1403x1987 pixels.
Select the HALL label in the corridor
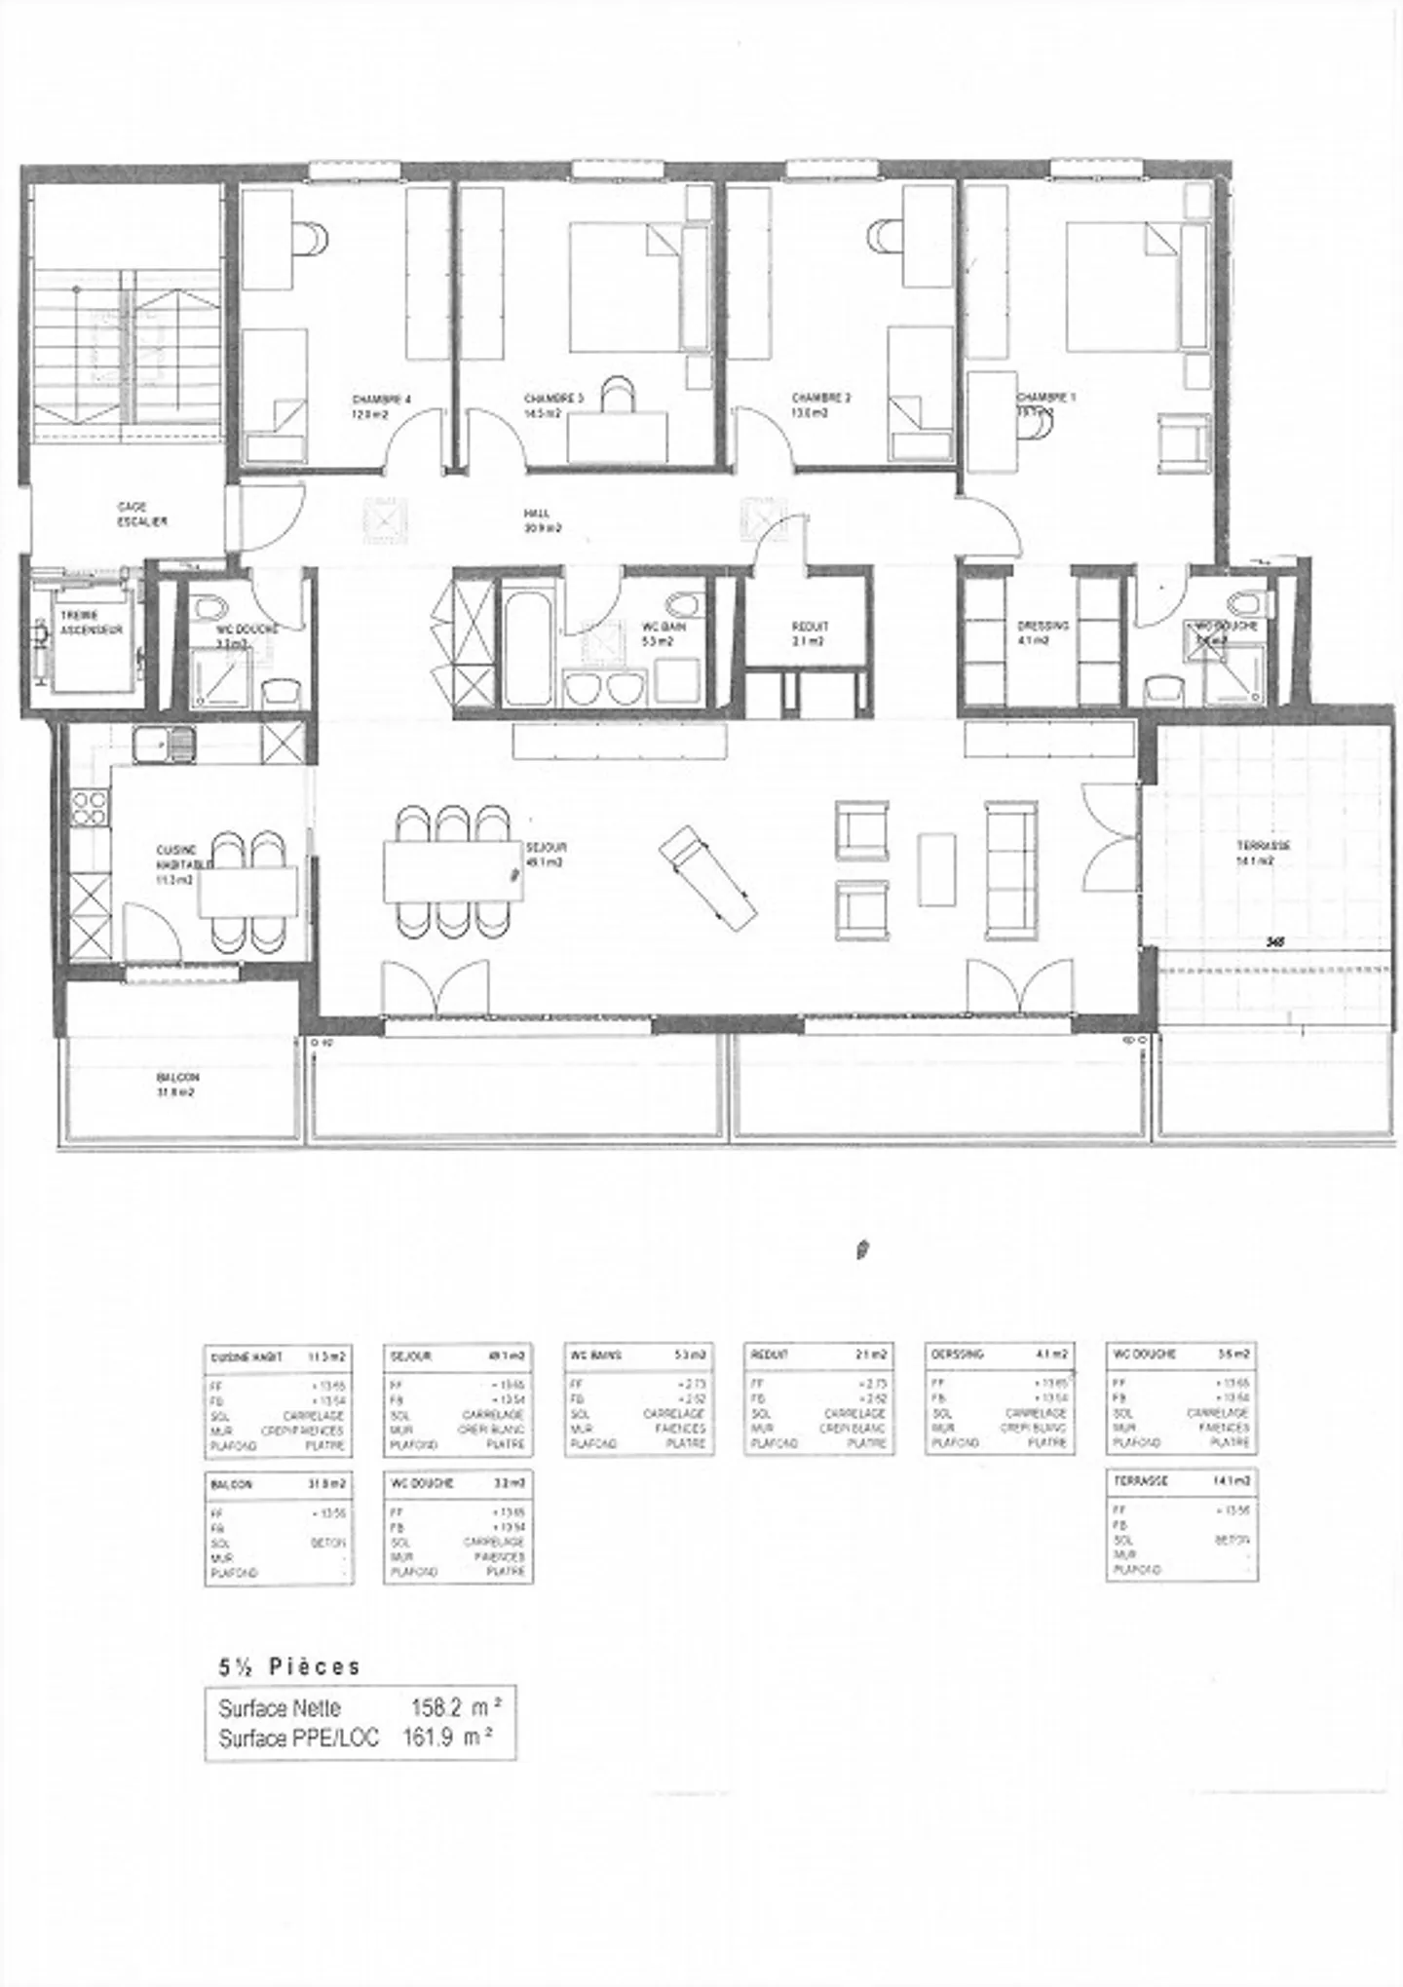pos(536,514)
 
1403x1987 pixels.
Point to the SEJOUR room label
pos(546,847)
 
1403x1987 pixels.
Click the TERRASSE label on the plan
pos(1264,846)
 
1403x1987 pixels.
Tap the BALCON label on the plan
pos(177,1078)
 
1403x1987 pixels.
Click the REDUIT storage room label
pos(810,627)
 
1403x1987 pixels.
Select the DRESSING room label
pos(1043,626)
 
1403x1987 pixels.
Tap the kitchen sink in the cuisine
pos(165,745)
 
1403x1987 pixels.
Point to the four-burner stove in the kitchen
pos(90,808)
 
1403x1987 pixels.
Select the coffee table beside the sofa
pos(936,868)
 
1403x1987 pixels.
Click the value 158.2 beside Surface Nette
pos(436,1707)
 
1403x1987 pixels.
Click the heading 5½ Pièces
pos(289,1666)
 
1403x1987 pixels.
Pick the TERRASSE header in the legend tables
pos(1141,1480)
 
